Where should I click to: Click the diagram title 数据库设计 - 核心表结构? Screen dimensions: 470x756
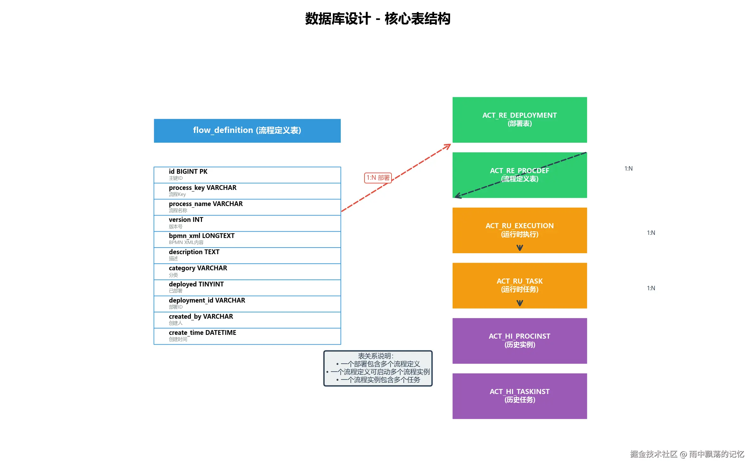378,19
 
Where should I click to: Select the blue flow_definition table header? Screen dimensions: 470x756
247,130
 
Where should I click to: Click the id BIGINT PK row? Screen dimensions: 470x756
247,175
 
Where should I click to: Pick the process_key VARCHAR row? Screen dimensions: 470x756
247,191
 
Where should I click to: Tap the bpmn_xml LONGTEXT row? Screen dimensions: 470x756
247,239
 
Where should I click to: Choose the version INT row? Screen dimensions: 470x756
247,223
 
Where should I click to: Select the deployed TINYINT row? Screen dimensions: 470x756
247,287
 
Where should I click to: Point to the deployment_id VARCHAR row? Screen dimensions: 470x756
247,304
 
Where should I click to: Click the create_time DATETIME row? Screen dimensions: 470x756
247,336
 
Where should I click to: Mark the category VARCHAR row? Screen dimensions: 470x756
247,271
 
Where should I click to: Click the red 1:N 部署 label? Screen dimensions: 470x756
378,178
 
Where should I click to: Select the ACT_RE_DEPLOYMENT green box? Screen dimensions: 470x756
519,120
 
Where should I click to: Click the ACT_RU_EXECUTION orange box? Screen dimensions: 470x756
519,230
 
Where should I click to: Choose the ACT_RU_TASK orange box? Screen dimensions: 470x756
519,285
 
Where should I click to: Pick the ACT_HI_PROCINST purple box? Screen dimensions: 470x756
519,341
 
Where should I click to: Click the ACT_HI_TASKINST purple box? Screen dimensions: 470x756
519,396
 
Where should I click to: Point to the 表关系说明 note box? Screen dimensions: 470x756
378,368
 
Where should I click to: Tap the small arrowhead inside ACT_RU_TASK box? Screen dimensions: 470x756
520,303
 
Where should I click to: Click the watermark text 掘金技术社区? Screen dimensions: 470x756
653,454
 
